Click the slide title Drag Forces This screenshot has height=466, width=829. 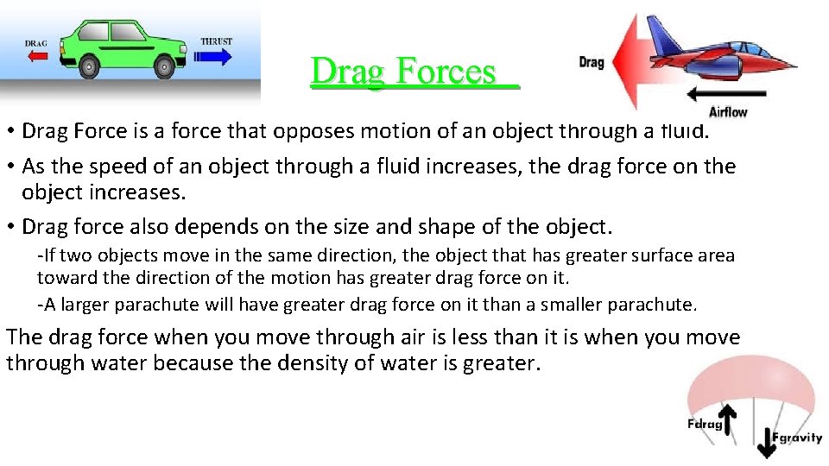(x=414, y=72)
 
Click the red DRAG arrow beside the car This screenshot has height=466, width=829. (x=36, y=57)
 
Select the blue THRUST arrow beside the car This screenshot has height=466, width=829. (x=214, y=57)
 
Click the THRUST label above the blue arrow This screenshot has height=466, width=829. (x=215, y=41)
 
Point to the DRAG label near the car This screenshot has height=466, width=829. (x=35, y=43)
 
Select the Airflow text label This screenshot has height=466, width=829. (x=727, y=111)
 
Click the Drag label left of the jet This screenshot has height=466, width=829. (x=591, y=62)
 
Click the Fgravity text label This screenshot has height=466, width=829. (x=797, y=438)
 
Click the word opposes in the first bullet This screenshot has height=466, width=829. (x=309, y=131)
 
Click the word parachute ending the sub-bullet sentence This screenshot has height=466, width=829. (x=655, y=305)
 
